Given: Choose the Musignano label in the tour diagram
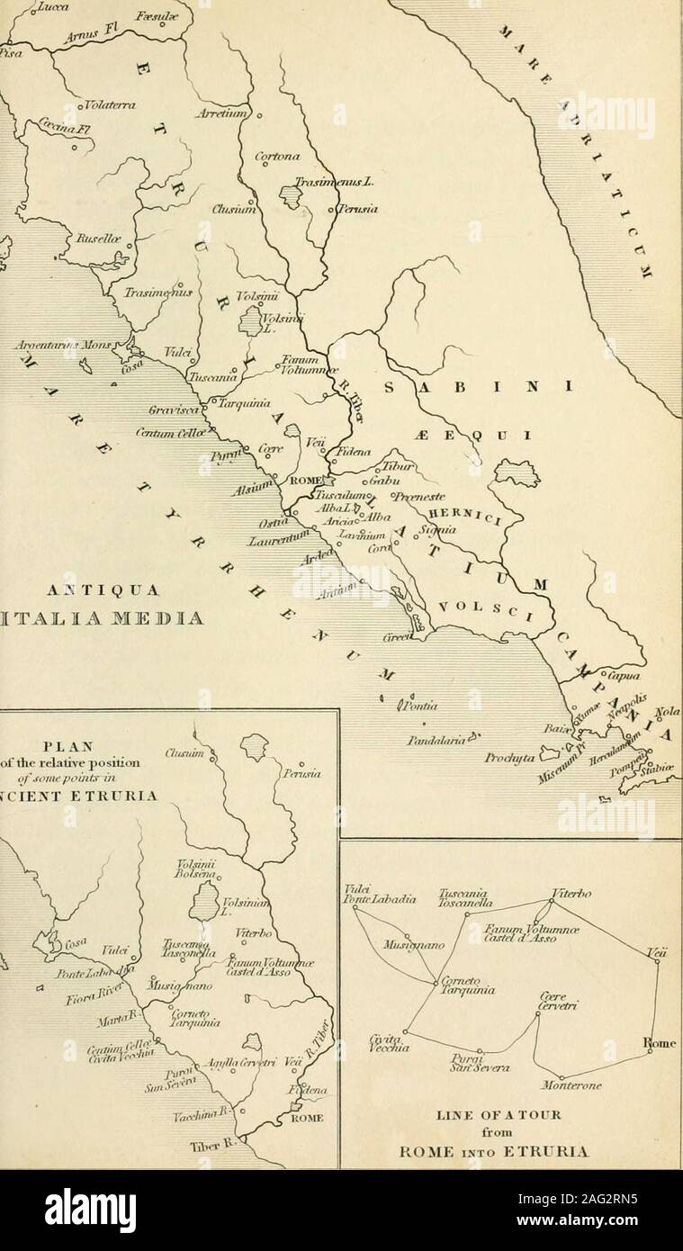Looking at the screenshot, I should click(409, 940).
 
